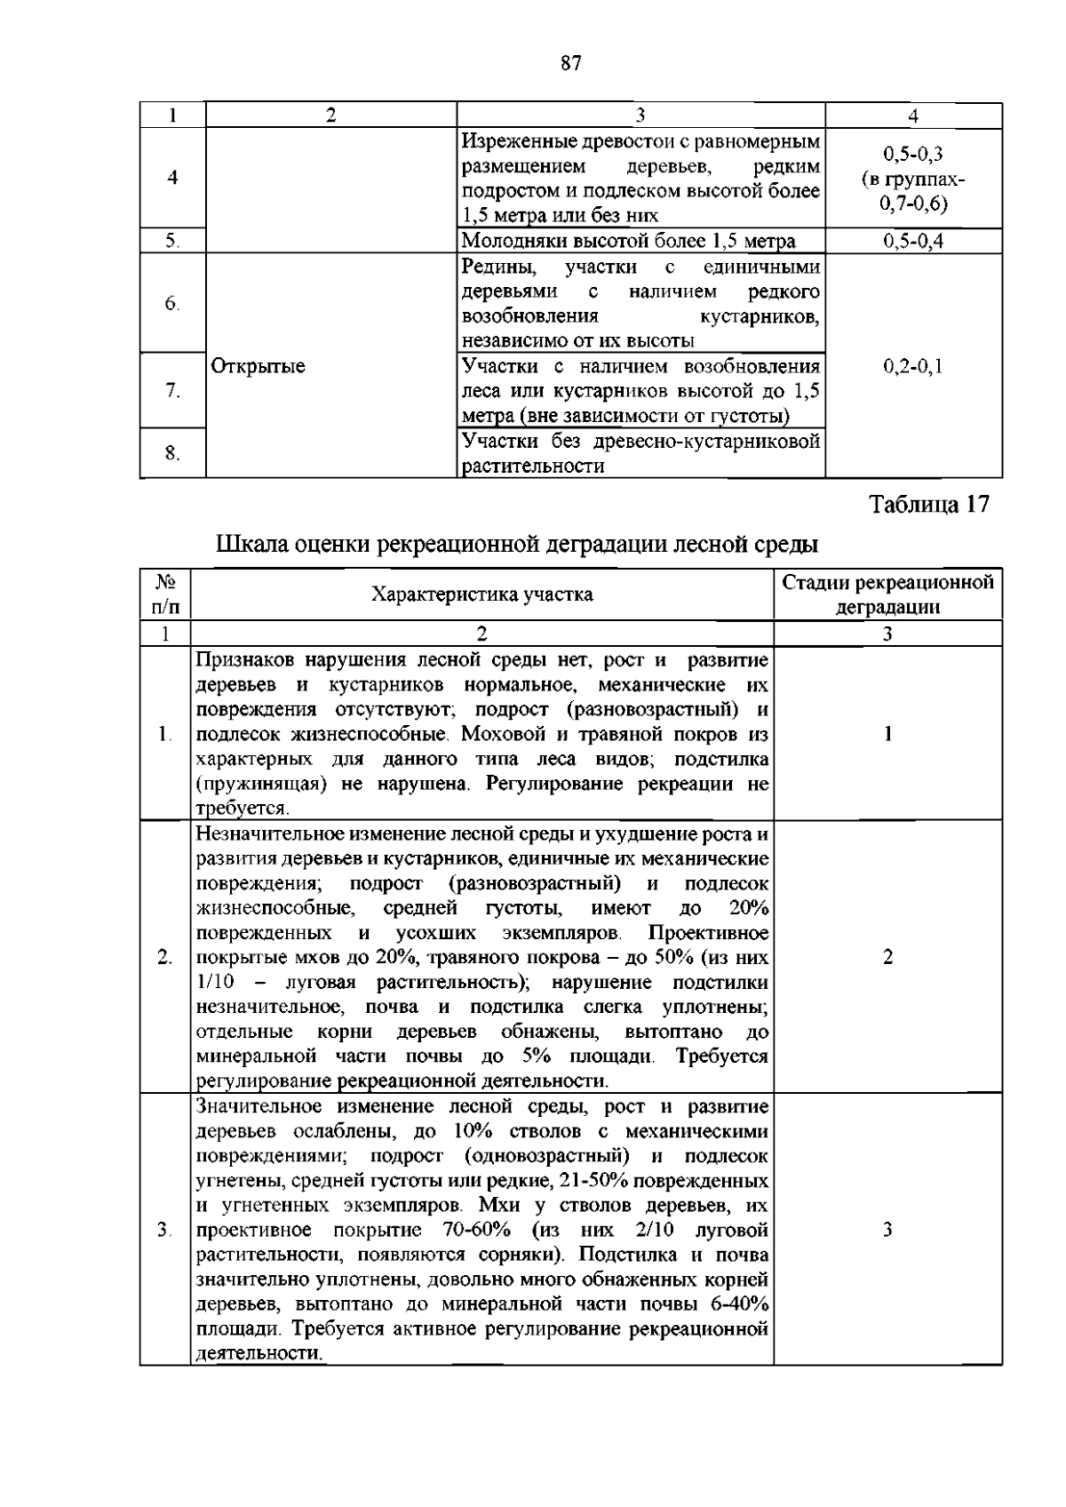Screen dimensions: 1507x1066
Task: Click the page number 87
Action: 570,63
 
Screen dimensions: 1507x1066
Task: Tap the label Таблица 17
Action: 928,505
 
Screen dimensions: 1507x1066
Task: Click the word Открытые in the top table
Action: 258,366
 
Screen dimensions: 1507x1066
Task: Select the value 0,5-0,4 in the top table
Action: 913,241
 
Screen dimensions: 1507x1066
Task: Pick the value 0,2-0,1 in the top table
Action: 913,366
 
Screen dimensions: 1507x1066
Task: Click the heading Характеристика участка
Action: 481,594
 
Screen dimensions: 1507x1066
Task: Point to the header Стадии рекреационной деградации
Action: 887,594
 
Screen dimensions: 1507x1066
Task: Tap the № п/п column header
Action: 165,594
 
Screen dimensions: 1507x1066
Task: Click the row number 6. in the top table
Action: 172,303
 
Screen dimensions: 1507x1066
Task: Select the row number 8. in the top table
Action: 172,454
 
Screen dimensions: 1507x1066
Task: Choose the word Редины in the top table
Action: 490,267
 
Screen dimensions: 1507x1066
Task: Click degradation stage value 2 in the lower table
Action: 887,956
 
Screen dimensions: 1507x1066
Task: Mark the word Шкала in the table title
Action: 251,543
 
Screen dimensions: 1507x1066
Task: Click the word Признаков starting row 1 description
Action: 247,660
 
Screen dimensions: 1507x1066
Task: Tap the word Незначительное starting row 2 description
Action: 267,834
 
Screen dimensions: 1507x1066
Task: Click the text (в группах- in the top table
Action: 913,179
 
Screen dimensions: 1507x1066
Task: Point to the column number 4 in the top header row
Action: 913,116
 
